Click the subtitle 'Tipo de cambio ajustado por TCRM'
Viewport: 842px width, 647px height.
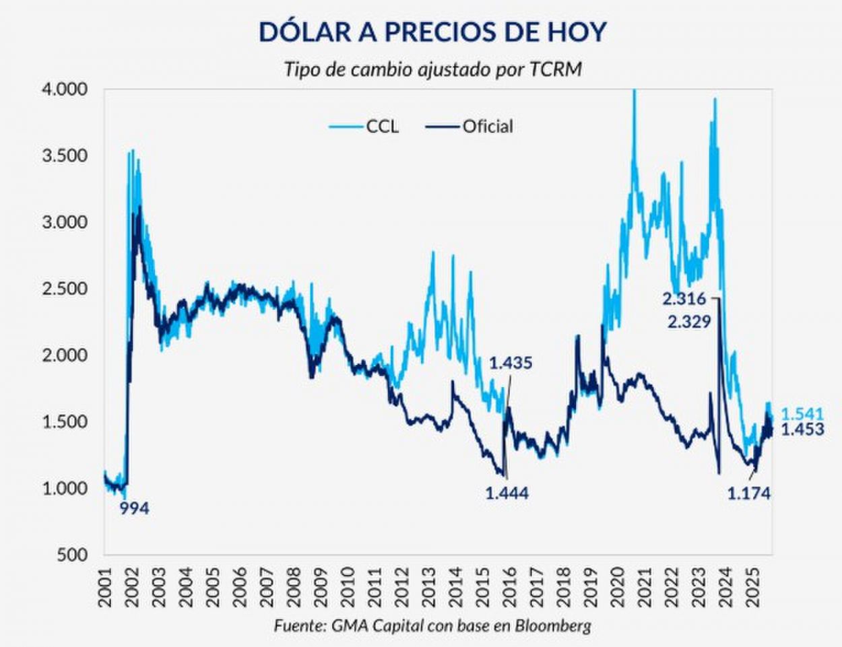pyautogui.click(x=432, y=70)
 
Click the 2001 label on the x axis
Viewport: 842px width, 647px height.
pyautogui.click(x=105, y=586)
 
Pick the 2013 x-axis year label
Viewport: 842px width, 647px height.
pyautogui.click(x=429, y=586)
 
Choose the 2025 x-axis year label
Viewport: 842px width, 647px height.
pyautogui.click(x=752, y=586)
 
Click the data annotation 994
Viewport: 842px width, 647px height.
pyautogui.click(x=134, y=509)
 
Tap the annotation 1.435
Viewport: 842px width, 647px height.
pyautogui.click(x=511, y=364)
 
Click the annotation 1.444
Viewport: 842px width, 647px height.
pyautogui.click(x=507, y=493)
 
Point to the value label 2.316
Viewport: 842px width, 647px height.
pyautogui.click(x=684, y=299)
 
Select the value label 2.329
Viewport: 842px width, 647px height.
pyautogui.click(x=689, y=322)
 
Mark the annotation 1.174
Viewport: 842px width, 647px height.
pyautogui.click(x=748, y=493)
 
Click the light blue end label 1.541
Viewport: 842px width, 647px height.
pyautogui.click(x=802, y=414)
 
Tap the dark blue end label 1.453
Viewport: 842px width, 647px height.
pyautogui.click(x=802, y=430)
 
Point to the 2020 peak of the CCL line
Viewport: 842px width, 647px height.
pyautogui.click(x=633, y=92)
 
